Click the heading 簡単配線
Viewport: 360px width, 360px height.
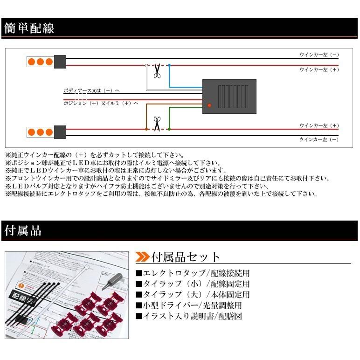(29, 28)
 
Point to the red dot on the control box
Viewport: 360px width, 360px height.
(209, 105)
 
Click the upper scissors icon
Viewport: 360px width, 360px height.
(157, 72)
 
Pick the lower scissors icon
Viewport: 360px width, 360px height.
(157, 123)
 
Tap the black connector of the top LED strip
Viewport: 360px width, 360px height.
(60, 62)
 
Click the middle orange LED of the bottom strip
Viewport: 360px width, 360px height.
(40, 132)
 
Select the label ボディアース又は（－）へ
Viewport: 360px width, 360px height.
(91, 90)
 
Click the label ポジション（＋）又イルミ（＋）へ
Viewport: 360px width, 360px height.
(100, 103)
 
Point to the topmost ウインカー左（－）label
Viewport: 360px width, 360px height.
(319, 55)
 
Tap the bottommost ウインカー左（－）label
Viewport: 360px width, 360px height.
(319, 139)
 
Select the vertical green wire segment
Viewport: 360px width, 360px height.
(169, 118)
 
